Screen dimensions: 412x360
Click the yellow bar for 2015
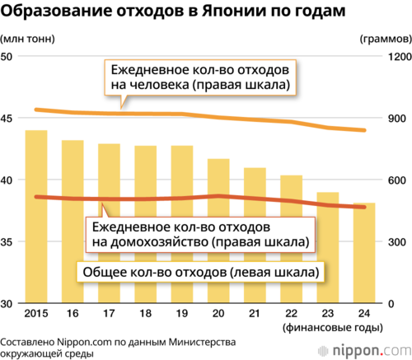36,217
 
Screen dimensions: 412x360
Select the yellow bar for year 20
218,231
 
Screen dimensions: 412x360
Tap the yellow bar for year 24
364,253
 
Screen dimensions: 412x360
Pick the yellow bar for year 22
292,239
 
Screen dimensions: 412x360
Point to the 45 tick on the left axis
7,119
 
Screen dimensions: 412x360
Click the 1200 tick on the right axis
400,57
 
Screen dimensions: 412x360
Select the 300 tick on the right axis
397,242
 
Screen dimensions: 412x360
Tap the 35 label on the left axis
7,242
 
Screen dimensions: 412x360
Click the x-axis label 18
146,313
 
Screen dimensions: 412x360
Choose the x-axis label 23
328,313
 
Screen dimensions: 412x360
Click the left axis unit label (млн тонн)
27,39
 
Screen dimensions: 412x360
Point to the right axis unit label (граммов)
386,39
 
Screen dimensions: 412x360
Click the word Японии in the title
234,11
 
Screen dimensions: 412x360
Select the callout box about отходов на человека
200,77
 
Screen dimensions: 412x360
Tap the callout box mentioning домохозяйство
200,235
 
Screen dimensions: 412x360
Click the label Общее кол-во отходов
200,272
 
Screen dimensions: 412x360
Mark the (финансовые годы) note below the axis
333,328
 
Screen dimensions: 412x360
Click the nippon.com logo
365,350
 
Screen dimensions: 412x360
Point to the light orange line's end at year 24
364,130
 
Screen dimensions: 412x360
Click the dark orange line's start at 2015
36,197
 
